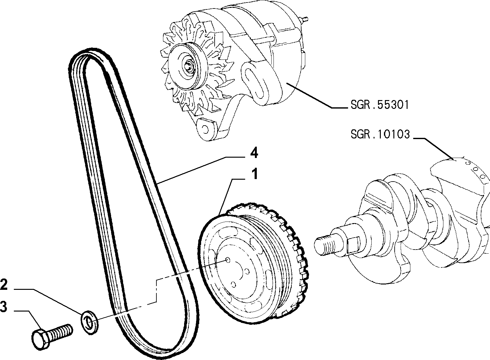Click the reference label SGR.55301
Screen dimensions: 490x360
click(x=380, y=105)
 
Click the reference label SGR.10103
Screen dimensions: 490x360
click(x=380, y=134)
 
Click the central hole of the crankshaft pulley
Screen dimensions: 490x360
click(x=228, y=260)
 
